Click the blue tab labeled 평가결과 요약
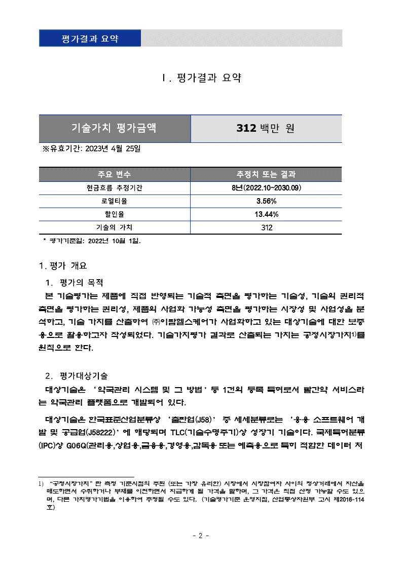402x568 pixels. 90,39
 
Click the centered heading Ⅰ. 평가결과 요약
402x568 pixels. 201,78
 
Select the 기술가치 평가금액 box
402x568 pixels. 115,128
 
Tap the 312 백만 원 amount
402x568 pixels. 265,128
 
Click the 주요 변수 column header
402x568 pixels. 114,174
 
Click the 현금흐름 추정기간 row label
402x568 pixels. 114,188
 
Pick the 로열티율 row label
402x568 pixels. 114,201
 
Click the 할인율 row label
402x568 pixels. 114,214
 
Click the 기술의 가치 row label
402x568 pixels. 114,228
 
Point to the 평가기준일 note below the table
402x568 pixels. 94,241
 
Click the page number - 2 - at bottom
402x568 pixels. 201,536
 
